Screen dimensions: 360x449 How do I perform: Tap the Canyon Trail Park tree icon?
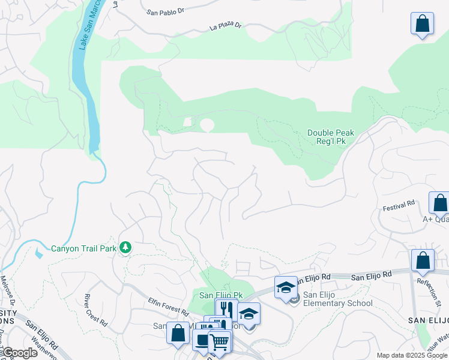tap(125, 247)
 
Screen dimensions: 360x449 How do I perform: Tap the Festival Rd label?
tap(399, 205)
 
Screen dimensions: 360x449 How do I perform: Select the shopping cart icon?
tap(219, 341)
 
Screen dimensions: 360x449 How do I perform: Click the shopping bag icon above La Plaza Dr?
tap(423, 23)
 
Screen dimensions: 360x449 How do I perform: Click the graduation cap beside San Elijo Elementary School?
tap(286, 286)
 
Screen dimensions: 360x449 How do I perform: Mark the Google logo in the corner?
tap(19, 353)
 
